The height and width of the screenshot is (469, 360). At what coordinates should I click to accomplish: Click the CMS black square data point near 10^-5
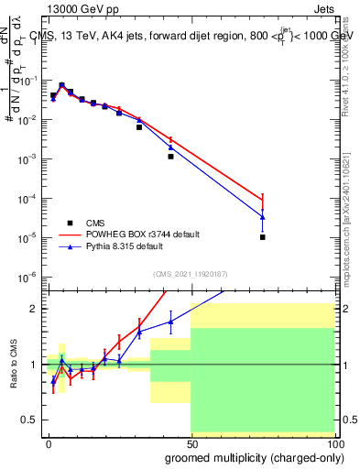point(262,237)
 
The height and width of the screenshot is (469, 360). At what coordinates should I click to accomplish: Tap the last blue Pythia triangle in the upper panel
point(262,217)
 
